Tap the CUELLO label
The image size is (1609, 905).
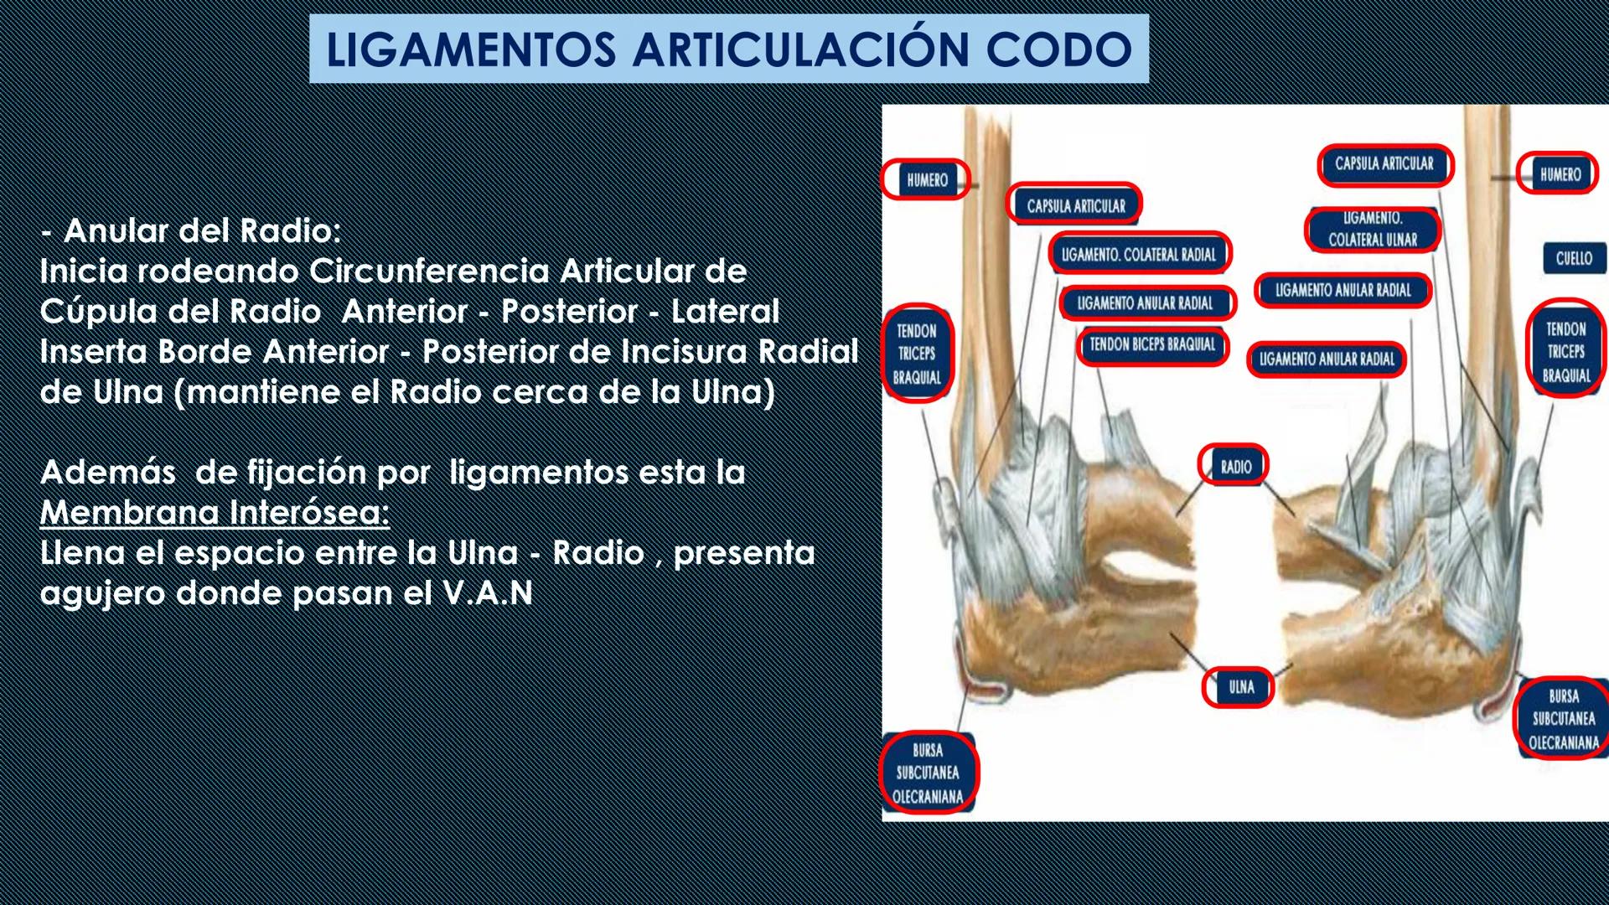point(1574,259)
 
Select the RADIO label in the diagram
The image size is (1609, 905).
point(1235,467)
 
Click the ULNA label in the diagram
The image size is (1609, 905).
point(1241,687)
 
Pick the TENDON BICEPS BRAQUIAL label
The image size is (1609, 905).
point(1152,344)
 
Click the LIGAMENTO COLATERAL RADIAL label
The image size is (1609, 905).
point(1138,255)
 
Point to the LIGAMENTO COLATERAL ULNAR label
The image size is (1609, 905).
point(1373,229)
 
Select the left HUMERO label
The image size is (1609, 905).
point(927,180)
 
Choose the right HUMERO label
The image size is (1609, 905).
point(1560,174)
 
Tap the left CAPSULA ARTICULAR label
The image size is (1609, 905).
point(1076,205)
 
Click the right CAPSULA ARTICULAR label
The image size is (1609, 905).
point(1384,164)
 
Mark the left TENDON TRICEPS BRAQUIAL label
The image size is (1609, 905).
point(917,354)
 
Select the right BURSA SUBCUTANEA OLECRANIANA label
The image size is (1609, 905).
point(1564,719)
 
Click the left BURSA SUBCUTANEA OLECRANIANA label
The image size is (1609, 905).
point(928,773)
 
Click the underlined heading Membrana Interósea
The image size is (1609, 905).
point(215,512)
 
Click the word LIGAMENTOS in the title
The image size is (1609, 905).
point(471,49)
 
